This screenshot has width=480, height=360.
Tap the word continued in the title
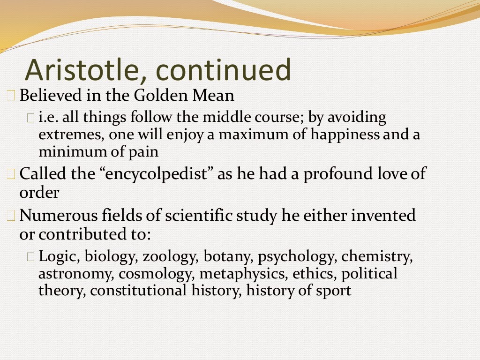(223, 69)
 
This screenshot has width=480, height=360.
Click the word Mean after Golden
(213, 95)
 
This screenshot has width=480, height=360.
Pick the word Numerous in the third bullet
(59, 215)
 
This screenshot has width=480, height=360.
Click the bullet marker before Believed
(11, 95)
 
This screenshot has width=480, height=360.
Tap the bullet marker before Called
(11, 174)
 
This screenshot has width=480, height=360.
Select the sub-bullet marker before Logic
(30, 256)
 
